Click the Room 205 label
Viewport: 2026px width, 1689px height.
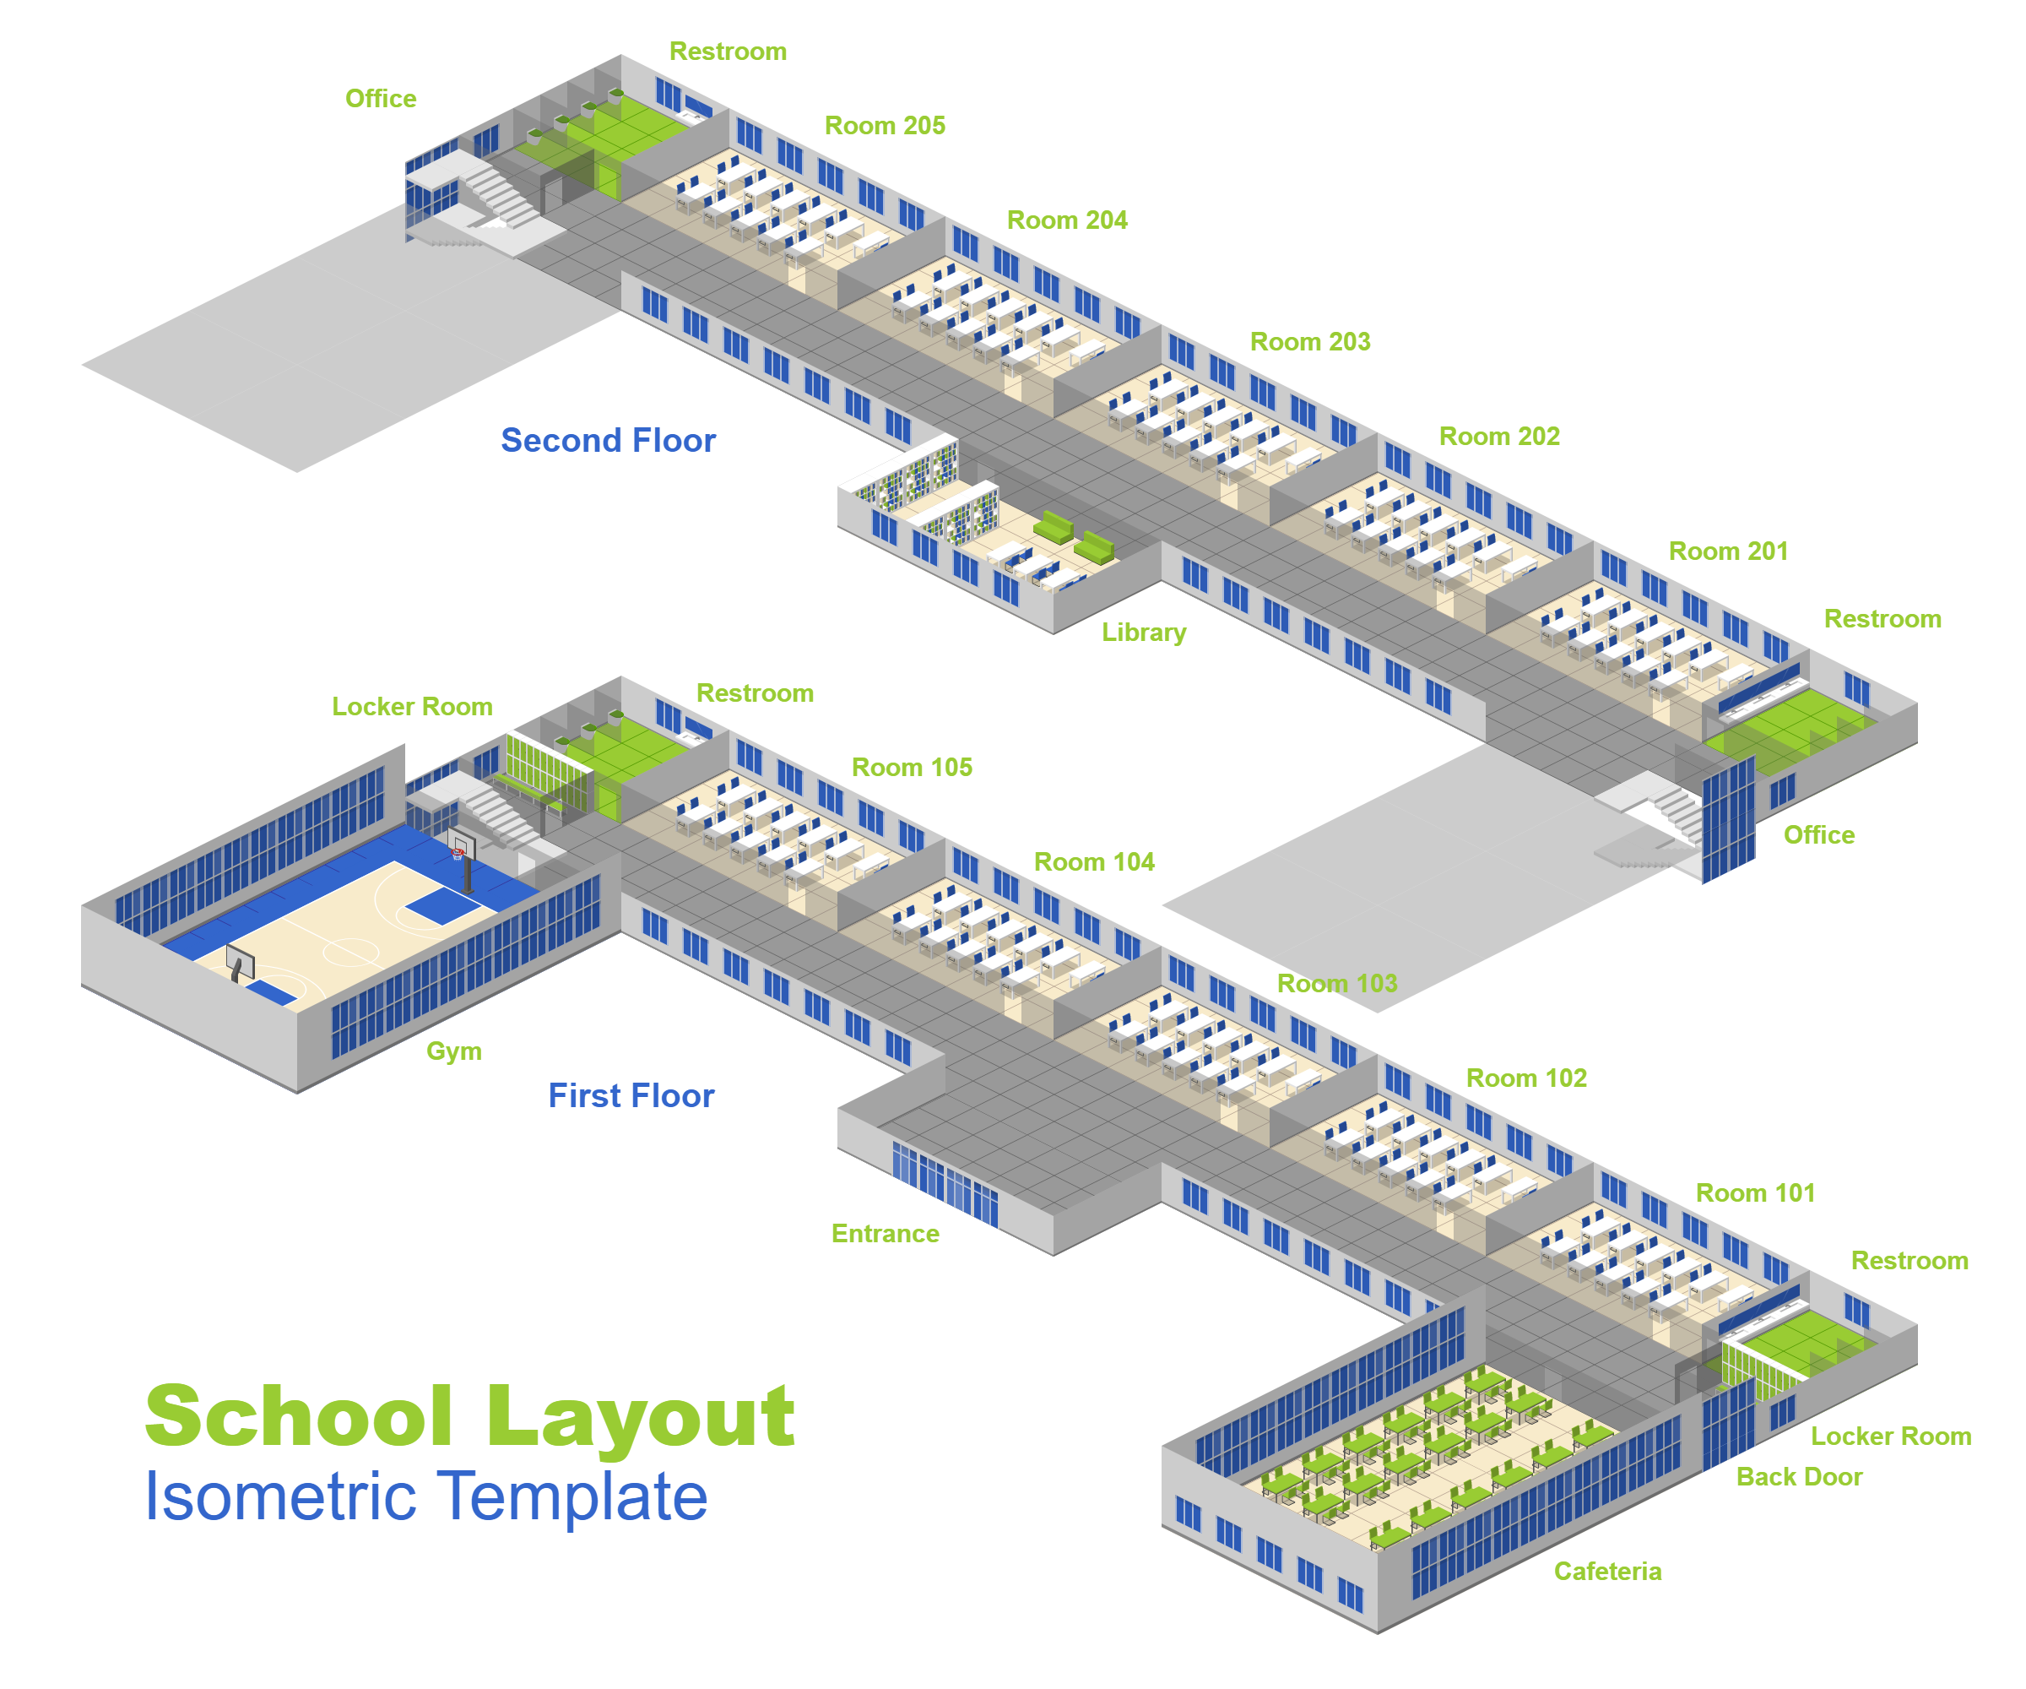click(x=885, y=126)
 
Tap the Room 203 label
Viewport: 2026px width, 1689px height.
click(x=1309, y=342)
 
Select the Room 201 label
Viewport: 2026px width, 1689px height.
click(x=1728, y=551)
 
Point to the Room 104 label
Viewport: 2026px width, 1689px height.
click(x=1094, y=862)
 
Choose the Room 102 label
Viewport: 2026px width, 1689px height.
click(x=1526, y=1078)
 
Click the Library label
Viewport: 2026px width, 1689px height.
click(x=1144, y=633)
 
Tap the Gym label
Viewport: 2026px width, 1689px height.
click(x=453, y=1051)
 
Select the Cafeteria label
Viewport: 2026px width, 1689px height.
click(x=1607, y=1572)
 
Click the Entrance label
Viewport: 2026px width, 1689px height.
click(x=885, y=1234)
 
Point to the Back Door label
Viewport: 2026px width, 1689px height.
click(x=1798, y=1477)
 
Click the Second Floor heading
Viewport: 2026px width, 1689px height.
click(x=608, y=440)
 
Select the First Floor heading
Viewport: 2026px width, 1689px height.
click(x=631, y=1095)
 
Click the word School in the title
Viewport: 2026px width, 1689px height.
click(x=298, y=1416)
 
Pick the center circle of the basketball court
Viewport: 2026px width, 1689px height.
click(x=350, y=952)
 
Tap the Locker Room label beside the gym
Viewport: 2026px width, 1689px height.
click(x=412, y=707)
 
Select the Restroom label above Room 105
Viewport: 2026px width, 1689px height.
click(x=755, y=693)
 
